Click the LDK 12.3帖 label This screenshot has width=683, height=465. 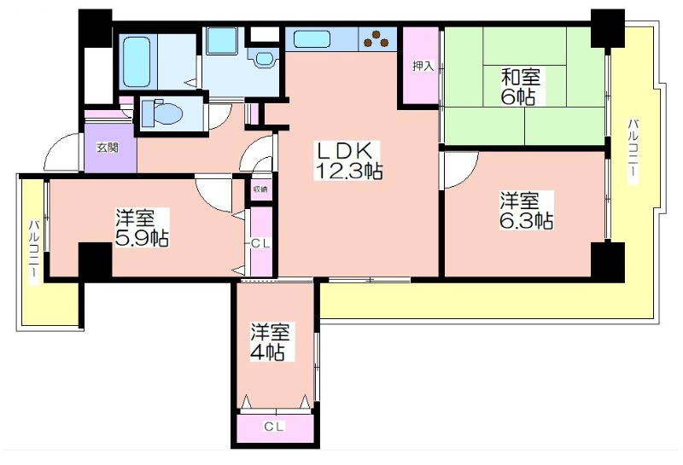coord(348,160)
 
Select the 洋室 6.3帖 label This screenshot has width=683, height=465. coord(526,211)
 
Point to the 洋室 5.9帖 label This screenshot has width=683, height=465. coord(142,228)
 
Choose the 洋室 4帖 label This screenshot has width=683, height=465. coord(270,342)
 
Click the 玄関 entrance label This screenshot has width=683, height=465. coord(108,148)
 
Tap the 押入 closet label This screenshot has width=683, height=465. coord(423,67)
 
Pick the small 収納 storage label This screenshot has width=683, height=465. coord(260,189)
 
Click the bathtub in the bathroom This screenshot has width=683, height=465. coord(137,61)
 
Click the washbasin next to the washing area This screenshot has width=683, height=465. coord(264,58)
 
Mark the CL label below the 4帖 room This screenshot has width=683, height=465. coord(274,427)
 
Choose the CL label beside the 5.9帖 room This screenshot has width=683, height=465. coord(260,244)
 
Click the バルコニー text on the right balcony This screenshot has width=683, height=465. coord(633,151)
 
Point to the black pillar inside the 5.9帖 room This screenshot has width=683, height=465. coord(95,260)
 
